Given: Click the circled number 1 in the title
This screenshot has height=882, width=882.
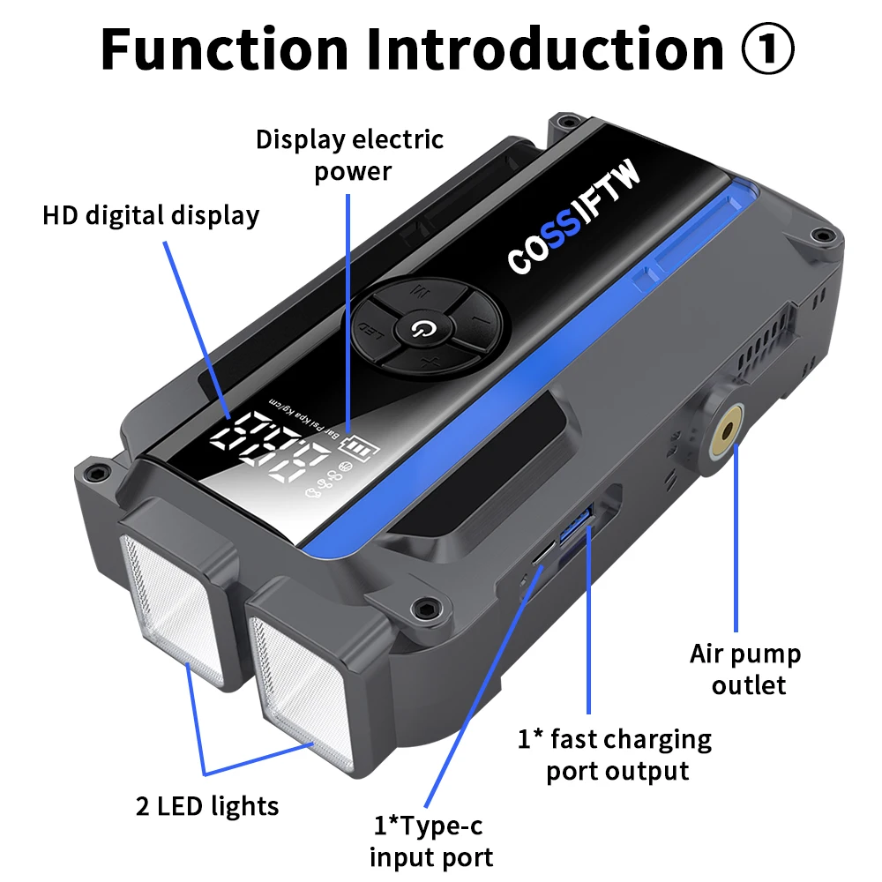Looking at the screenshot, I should coord(766,51).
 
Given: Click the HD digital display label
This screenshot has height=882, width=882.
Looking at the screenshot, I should coord(151,215).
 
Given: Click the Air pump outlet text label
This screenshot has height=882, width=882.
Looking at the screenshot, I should coord(744,669).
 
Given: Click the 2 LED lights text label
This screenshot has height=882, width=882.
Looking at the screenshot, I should coord(207,805).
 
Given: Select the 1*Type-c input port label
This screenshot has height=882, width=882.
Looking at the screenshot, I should coord(430,841).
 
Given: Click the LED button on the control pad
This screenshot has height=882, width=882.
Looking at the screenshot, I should coord(377,332).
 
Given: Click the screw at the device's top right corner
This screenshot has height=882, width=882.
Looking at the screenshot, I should coord(824,235).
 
